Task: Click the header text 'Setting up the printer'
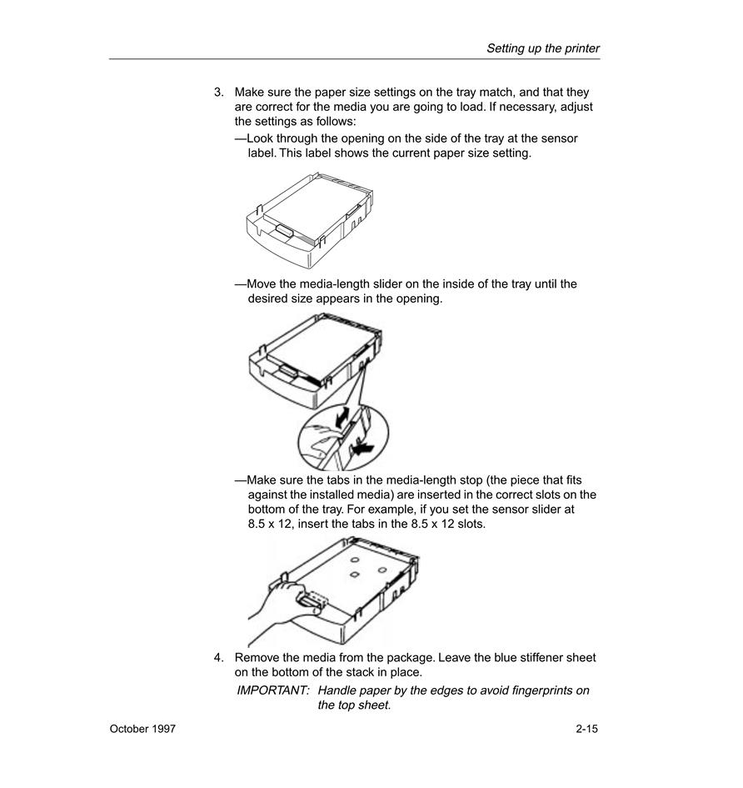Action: (x=543, y=48)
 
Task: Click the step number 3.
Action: (x=218, y=92)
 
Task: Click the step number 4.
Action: (x=218, y=657)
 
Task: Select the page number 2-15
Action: (x=587, y=729)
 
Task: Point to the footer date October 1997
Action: (x=142, y=729)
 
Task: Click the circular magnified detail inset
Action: (x=343, y=437)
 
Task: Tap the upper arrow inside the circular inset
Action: (x=342, y=417)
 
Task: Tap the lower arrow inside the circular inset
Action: (x=362, y=447)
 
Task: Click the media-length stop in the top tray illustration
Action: (x=285, y=230)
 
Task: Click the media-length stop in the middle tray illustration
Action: (x=287, y=370)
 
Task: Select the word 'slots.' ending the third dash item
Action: (x=471, y=524)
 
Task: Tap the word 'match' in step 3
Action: (x=497, y=92)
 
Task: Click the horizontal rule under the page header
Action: (x=355, y=59)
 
